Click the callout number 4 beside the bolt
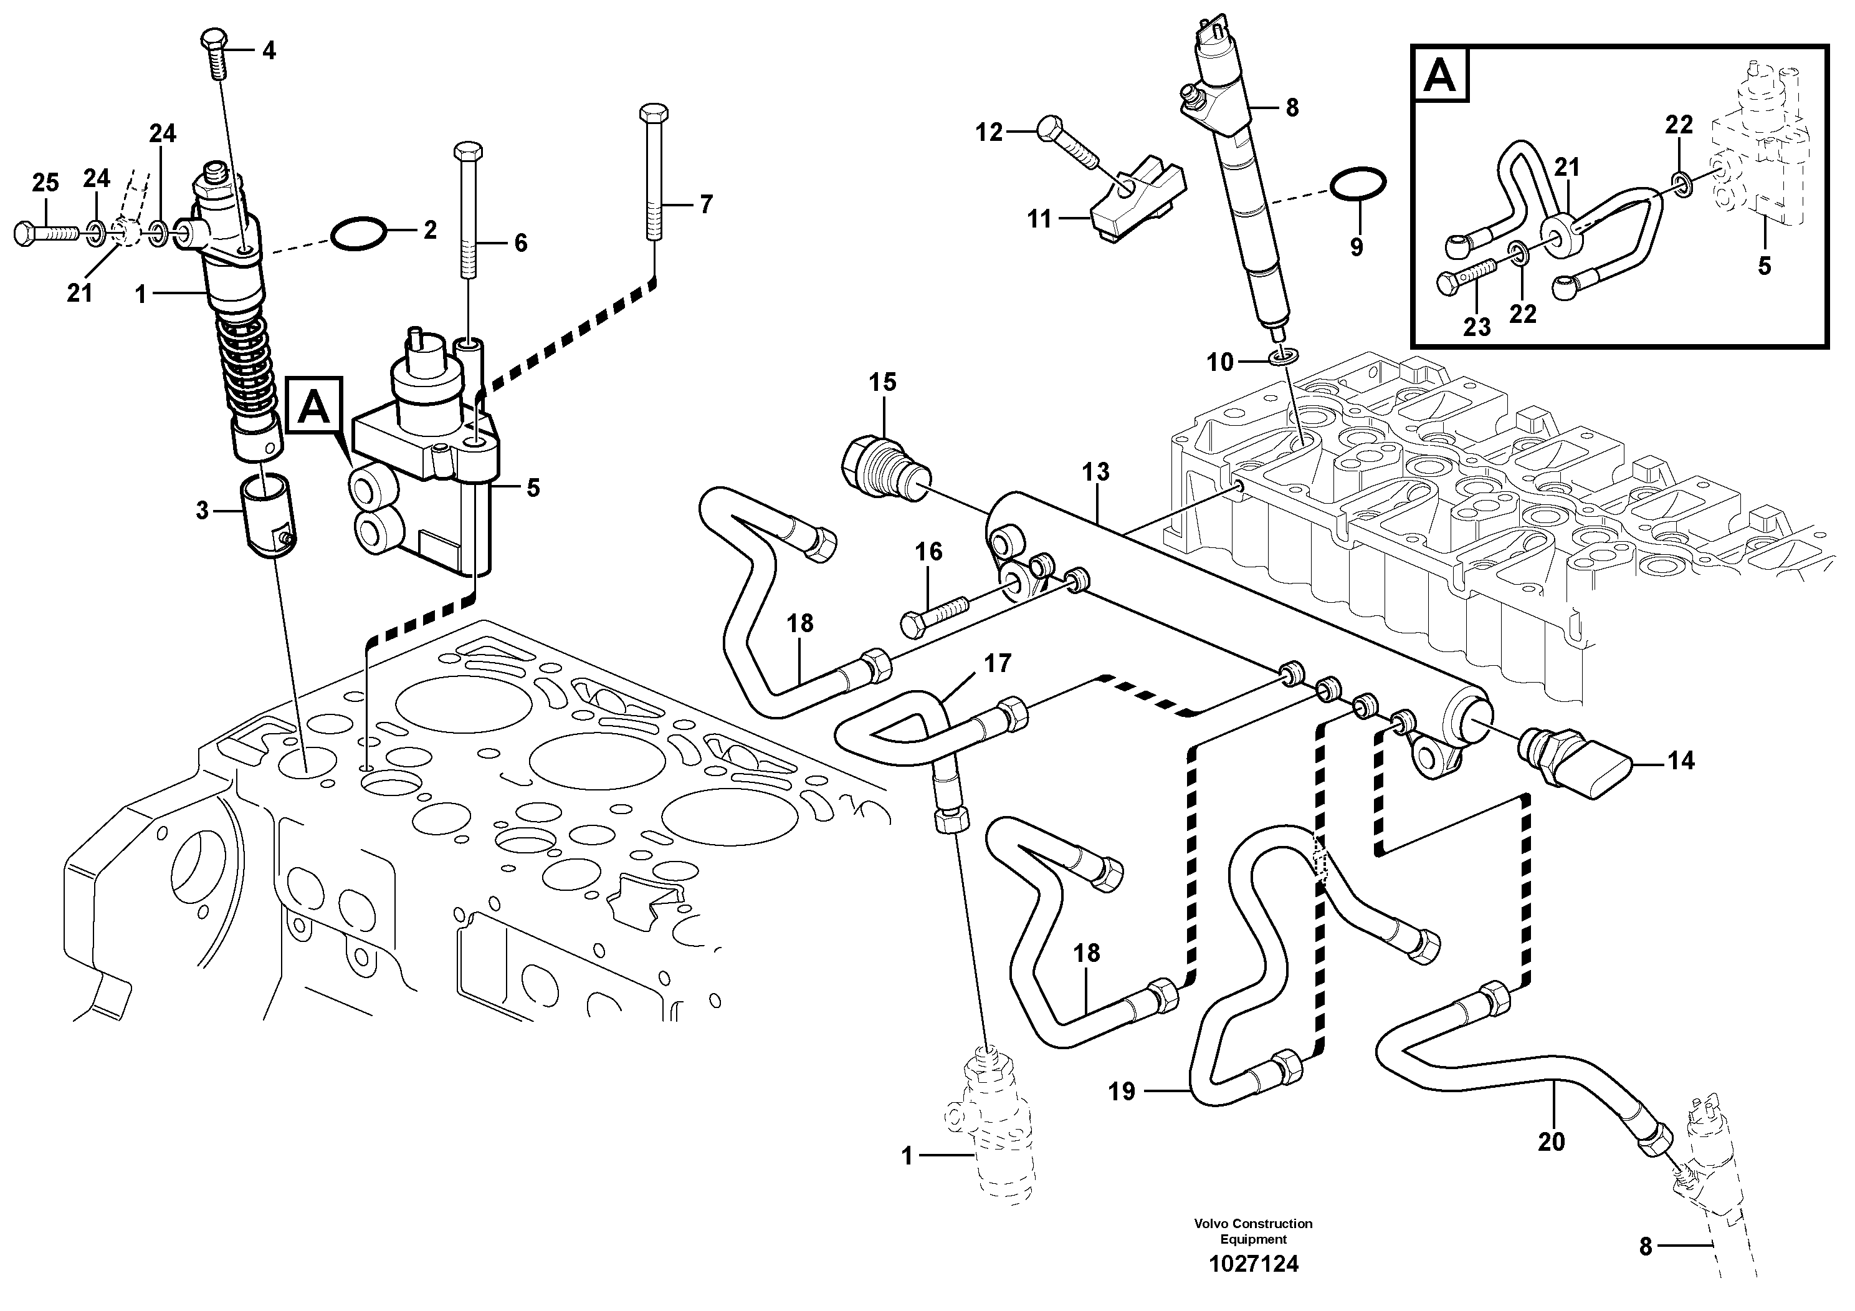tap(268, 51)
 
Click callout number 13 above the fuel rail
tap(1095, 472)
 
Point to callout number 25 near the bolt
tap(45, 183)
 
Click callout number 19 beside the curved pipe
tap(1122, 1092)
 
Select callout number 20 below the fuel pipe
tap(1550, 1141)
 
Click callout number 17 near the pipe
tap(997, 663)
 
